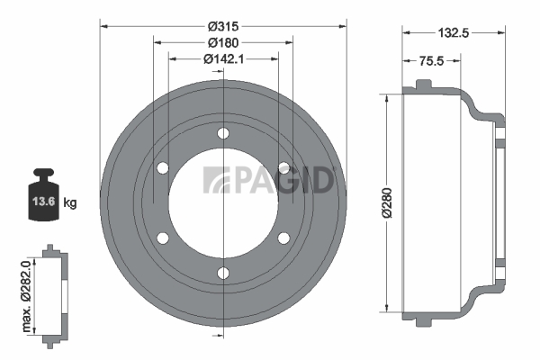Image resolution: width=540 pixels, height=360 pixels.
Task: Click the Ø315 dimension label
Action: click(223, 26)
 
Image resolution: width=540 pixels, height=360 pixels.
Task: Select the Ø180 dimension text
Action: click(223, 42)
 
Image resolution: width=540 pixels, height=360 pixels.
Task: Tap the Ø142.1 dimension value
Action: click(223, 59)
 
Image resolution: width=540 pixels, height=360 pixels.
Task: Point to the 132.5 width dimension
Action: click(454, 32)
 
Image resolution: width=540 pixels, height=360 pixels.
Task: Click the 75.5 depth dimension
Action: click(431, 61)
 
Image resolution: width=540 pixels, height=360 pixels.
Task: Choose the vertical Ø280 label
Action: click(387, 202)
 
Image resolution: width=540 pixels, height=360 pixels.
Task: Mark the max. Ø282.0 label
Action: click(26, 296)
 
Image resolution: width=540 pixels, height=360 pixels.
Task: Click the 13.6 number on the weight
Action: click(44, 202)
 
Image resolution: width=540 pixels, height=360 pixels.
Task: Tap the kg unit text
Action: click(70, 202)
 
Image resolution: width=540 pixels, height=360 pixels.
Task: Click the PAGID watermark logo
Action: click(268, 180)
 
